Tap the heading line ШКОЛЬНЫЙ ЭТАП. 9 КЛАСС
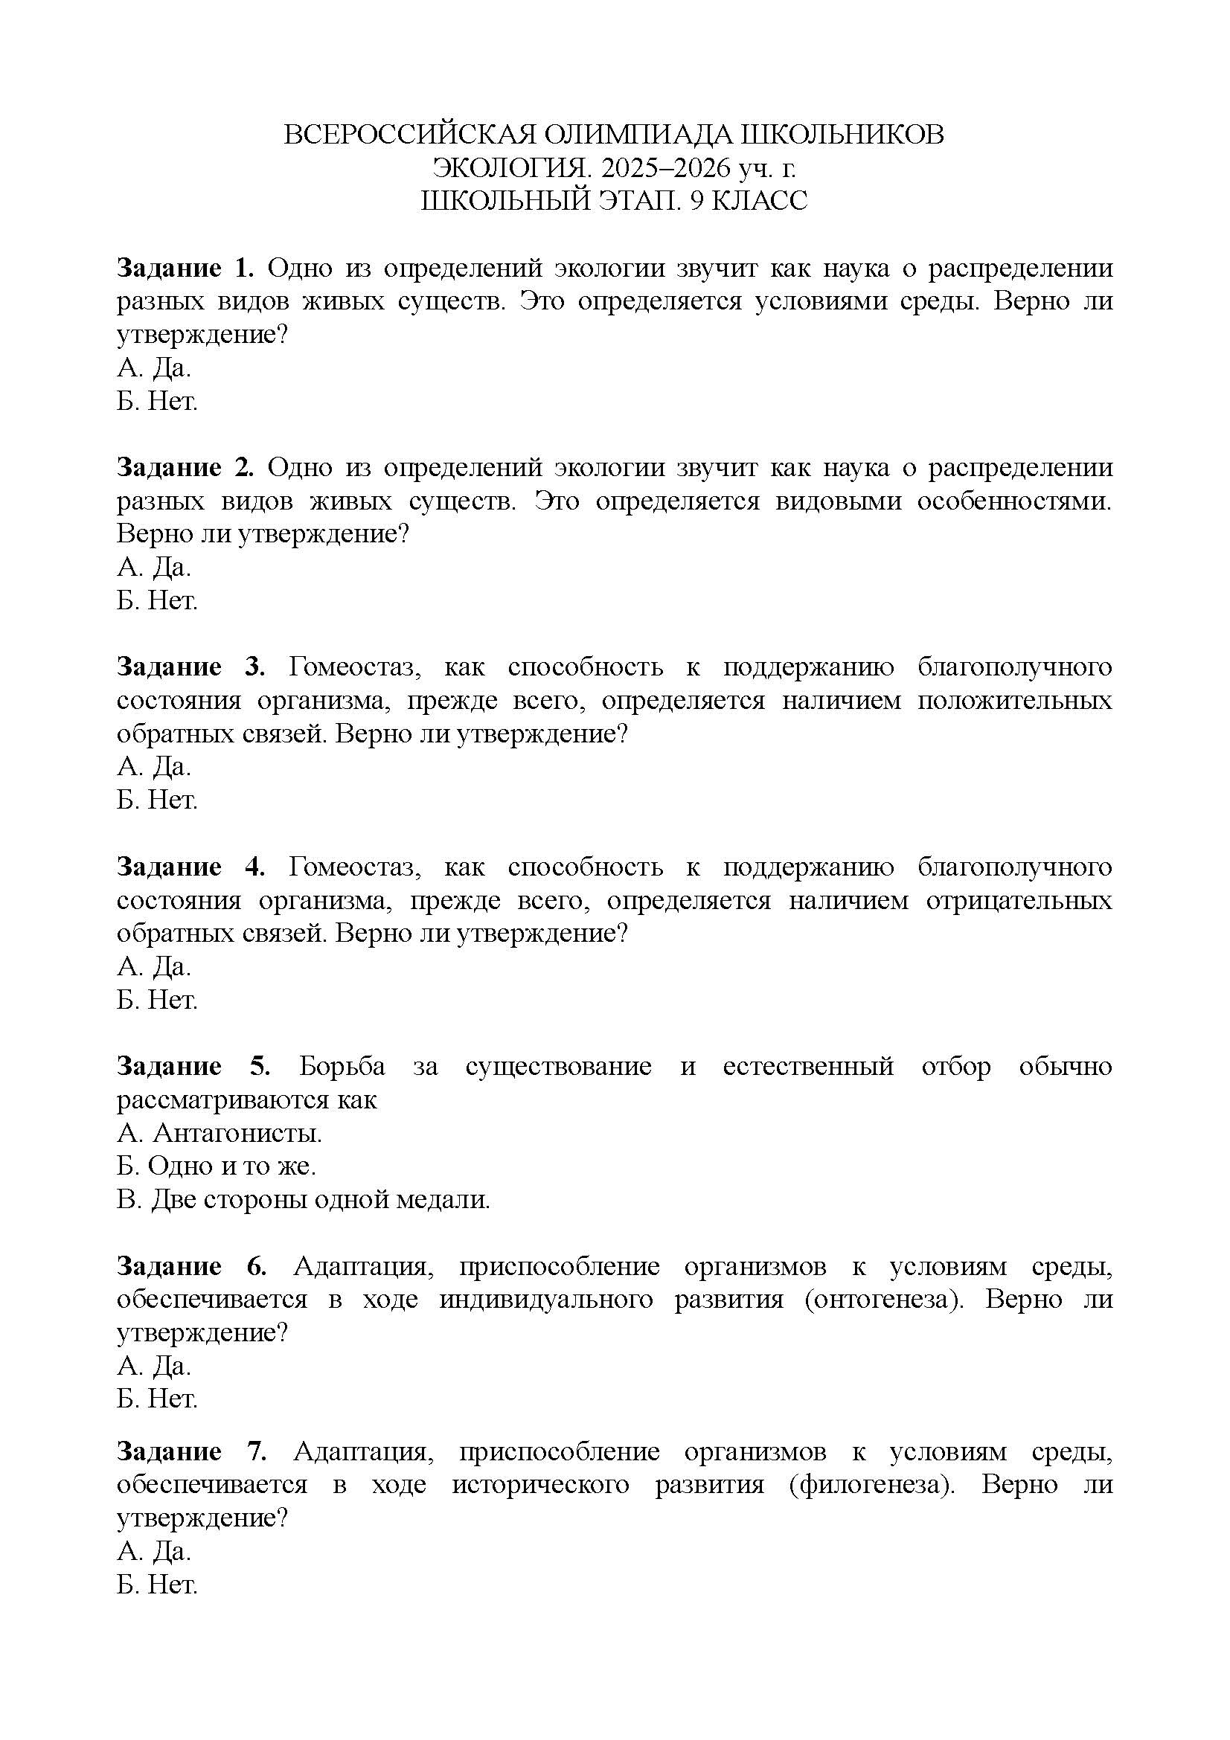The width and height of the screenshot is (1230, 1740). pos(614,201)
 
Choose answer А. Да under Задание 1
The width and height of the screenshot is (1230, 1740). pos(154,368)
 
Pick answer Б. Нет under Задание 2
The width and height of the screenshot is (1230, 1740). pos(157,601)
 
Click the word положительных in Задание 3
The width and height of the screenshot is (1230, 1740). pos(1014,700)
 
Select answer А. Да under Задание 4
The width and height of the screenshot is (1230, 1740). pos(154,966)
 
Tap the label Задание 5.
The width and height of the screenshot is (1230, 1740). pos(193,1066)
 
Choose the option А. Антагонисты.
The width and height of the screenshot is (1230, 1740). pos(219,1133)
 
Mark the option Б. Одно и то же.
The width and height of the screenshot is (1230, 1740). pos(216,1166)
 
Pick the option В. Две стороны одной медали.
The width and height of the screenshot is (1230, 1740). pos(303,1200)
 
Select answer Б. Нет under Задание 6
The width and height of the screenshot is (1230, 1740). pos(157,1399)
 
